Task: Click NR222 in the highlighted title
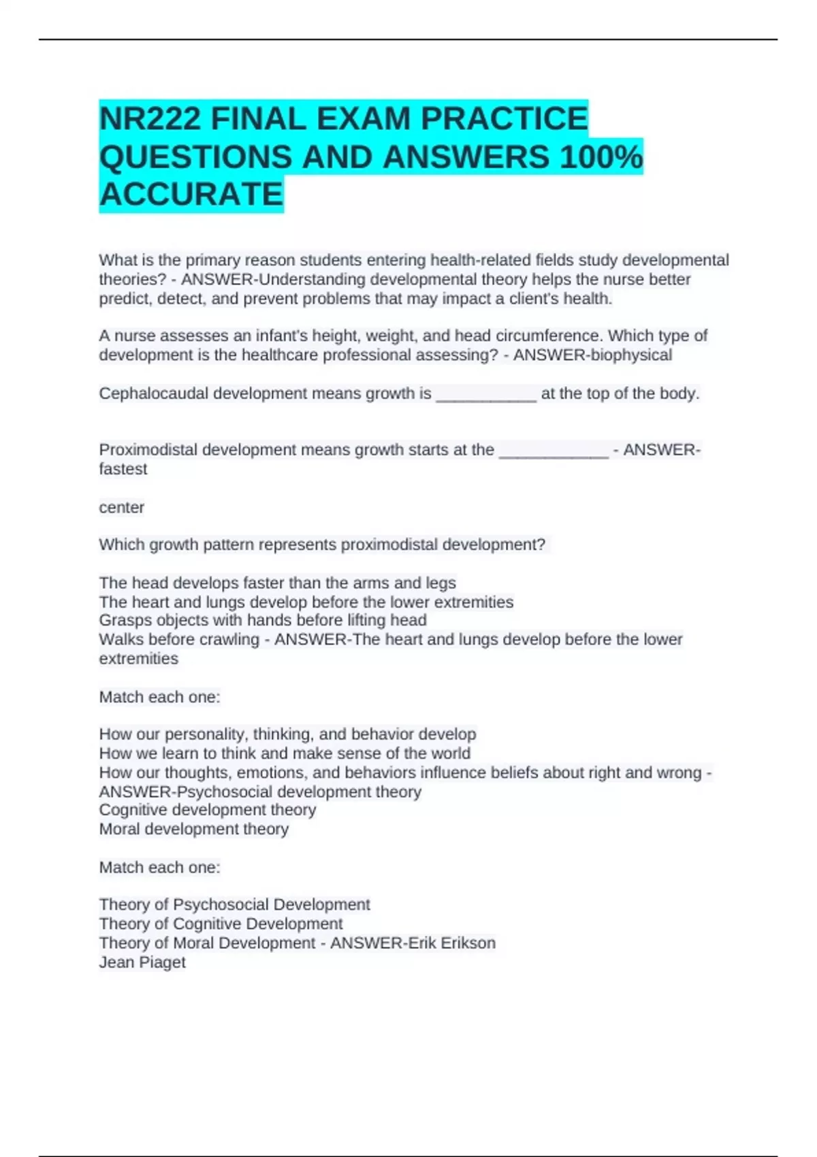pyautogui.click(x=150, y=120)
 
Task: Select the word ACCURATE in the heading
pyautogui.click(x=191, y=195)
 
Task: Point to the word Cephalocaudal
pyautogui.click(x=153, y=394)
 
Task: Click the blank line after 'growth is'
pyautogui.click(x=485, y=395)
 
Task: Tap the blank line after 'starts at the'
pyautogui.click(x=554, y=451)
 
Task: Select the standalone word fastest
pyautogui.click(x=123, y=470)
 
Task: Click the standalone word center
pyautogui.click(x=121, y=508)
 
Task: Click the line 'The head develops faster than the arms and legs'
pyautogui.click(x=277, y=583)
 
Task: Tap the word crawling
pyautogui.click(x=227, y=640)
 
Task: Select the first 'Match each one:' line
pyautogui.click(x=159, y=698)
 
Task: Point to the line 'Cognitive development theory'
pyautogui.click(x=207, y=810)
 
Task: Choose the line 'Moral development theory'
pyautogui.click(x=193, y=830)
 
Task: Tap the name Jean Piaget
pyautogui.click(x=142, y=962)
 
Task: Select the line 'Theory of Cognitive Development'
pyautogui.click(x=221, y=924)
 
